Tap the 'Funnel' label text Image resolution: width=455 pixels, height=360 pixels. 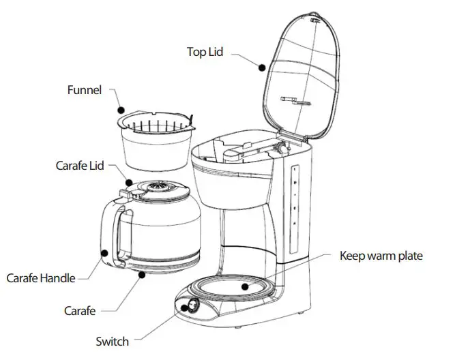coord(85,90)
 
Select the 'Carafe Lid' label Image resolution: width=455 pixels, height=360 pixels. coord(79,165)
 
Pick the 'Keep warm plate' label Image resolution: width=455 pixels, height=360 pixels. coord(381,256)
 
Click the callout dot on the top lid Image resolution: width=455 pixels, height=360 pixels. coord(261,66)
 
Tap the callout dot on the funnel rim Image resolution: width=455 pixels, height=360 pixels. coord(120,108)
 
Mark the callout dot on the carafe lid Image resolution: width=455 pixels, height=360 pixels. coord(129,182)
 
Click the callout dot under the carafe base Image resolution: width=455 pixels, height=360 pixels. coord(141,275)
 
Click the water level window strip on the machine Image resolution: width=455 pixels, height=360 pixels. coord(293,198)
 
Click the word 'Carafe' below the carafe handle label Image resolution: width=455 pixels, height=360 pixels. coord(80,310)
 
